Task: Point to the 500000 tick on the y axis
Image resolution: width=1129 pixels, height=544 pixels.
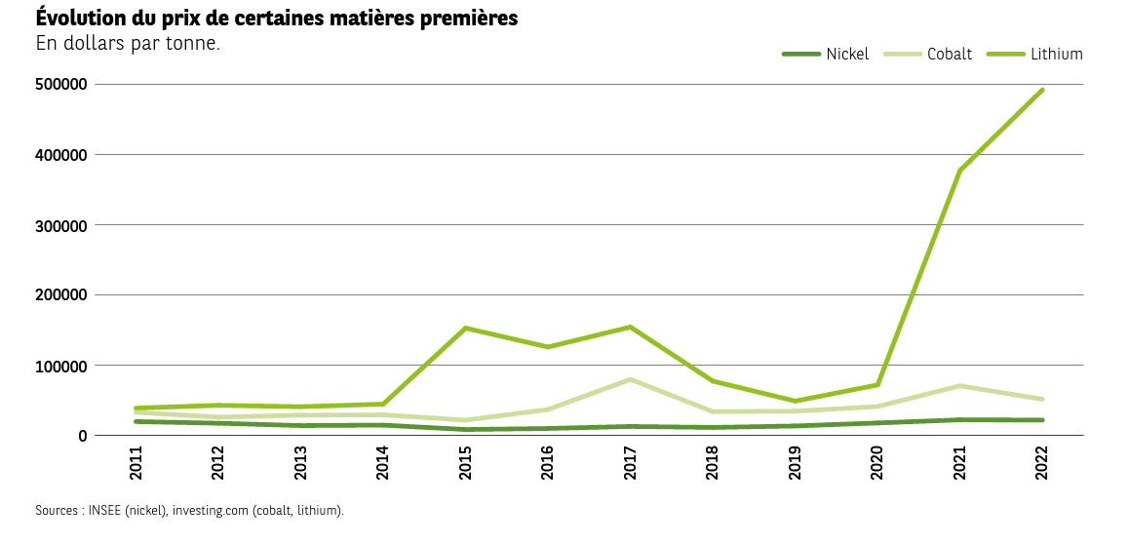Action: (62, 85)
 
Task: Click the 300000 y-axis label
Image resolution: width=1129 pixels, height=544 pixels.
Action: (62, 225)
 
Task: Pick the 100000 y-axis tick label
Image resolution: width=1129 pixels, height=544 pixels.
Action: (62, 366)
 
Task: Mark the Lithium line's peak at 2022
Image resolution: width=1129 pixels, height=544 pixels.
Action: (1042, 90)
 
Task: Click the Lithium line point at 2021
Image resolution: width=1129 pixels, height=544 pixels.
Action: (960, 171)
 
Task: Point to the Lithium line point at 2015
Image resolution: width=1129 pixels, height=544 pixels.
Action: (466, 328)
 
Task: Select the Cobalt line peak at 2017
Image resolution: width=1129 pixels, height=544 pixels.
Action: (631, 379)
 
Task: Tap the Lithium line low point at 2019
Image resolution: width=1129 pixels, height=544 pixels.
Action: (796, 401)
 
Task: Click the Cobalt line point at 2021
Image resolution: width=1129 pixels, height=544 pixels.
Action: (960, 386)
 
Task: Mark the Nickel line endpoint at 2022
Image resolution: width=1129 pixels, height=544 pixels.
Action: (1042, 420)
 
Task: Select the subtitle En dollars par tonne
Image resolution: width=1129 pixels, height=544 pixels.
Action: (128, 44)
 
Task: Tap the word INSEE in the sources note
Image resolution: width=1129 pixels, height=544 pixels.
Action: (106, 510)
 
